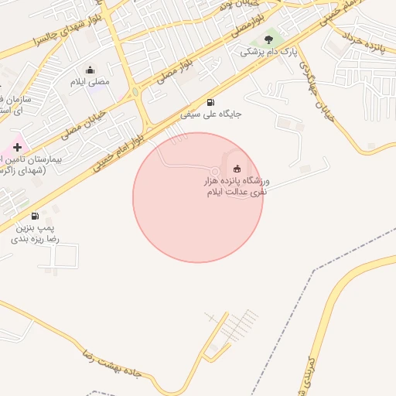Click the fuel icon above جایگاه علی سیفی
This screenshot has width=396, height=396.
(210, 103)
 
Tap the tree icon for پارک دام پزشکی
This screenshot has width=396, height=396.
(268, 39)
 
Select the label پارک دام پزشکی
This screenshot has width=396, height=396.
(268, 52)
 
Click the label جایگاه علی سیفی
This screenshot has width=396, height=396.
(211, 114)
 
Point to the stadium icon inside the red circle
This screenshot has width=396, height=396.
(237, 169)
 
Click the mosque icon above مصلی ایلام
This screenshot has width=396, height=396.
(90, 70)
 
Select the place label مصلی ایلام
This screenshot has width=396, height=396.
(90, 81)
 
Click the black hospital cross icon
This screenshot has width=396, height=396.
(17, 146)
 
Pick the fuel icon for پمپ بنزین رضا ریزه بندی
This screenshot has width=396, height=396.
(35, 216)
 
